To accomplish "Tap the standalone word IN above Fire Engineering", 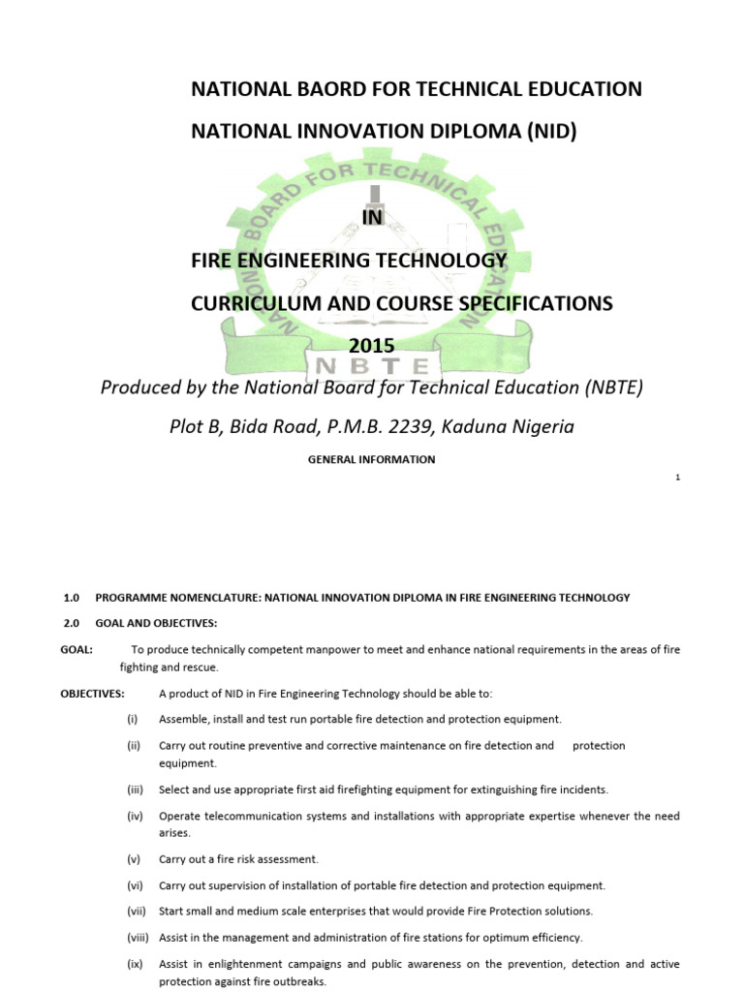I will tap(372, 218).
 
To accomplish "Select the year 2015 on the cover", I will tap(372, 346).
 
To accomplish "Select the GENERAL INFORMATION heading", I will tap(372, 459).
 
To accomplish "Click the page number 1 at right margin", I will tap(678, 478).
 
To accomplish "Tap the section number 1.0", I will tap(71, 598).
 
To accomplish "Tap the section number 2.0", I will tap(71, 622).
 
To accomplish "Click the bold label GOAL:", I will tap(77, 649).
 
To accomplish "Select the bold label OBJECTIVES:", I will tap(92, 694).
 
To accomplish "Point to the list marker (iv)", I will tap(135, 817).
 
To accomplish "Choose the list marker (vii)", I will tap(135, 912).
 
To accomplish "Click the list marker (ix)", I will tap(135, 964).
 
